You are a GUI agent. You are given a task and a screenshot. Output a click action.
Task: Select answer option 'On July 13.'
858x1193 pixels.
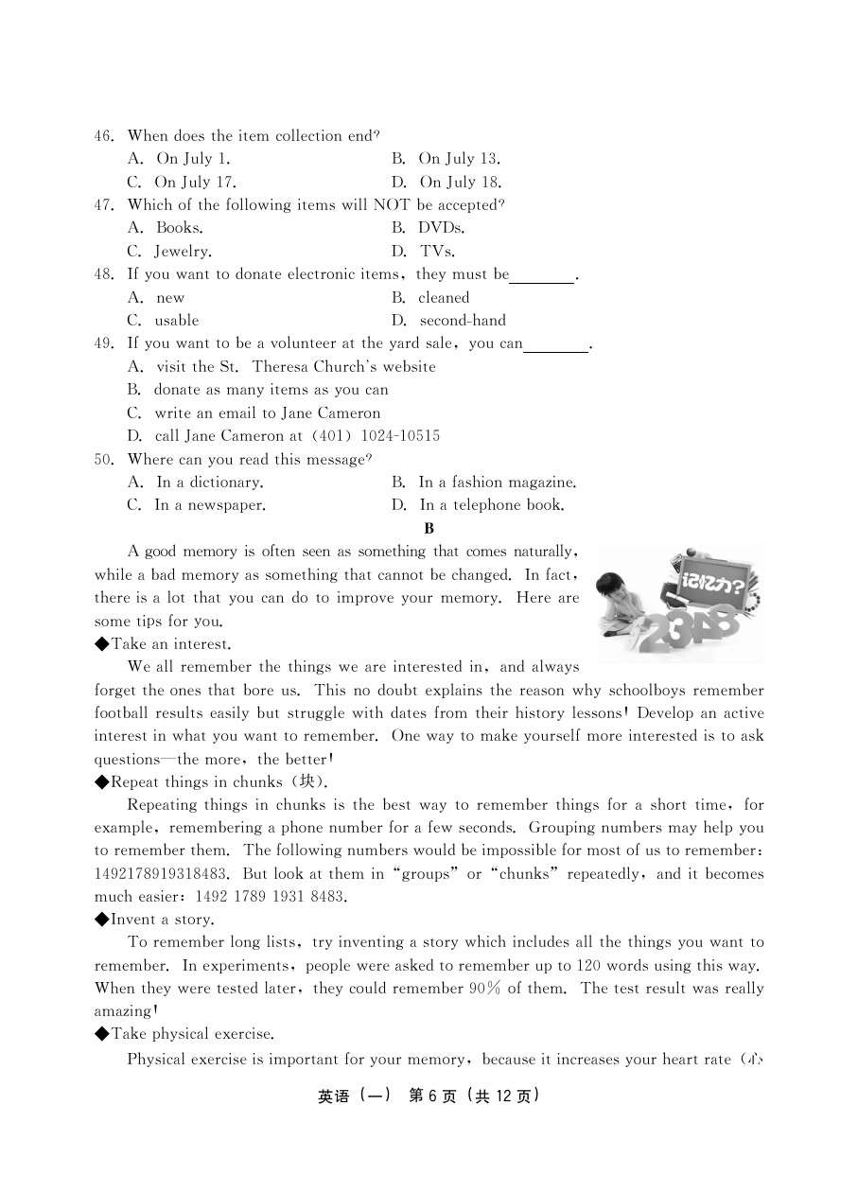(x=459, y=159)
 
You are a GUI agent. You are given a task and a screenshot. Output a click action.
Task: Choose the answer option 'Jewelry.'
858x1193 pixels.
(x=183, y=252)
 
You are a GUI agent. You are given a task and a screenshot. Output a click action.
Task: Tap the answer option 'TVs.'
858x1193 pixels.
(x=437, y=252)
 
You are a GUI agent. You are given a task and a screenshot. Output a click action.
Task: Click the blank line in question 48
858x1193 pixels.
(x=542, y=275)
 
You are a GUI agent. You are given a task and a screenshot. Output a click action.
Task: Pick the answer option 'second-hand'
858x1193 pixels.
(x=463, y=321)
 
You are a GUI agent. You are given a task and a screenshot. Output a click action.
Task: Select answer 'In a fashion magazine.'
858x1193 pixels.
(x=497, y=482)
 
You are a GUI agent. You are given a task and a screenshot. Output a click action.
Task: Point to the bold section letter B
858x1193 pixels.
(x=429, y=529)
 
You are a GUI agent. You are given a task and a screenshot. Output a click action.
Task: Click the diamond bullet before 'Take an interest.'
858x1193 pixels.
(x=101, y=644)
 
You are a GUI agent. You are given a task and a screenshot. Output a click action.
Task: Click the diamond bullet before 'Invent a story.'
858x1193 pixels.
(x=101, y=920)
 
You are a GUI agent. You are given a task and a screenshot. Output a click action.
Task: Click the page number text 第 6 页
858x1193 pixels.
(x=432, y=1097)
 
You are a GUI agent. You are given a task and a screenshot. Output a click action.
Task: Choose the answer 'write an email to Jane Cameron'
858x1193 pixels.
(x=267, y=413)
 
